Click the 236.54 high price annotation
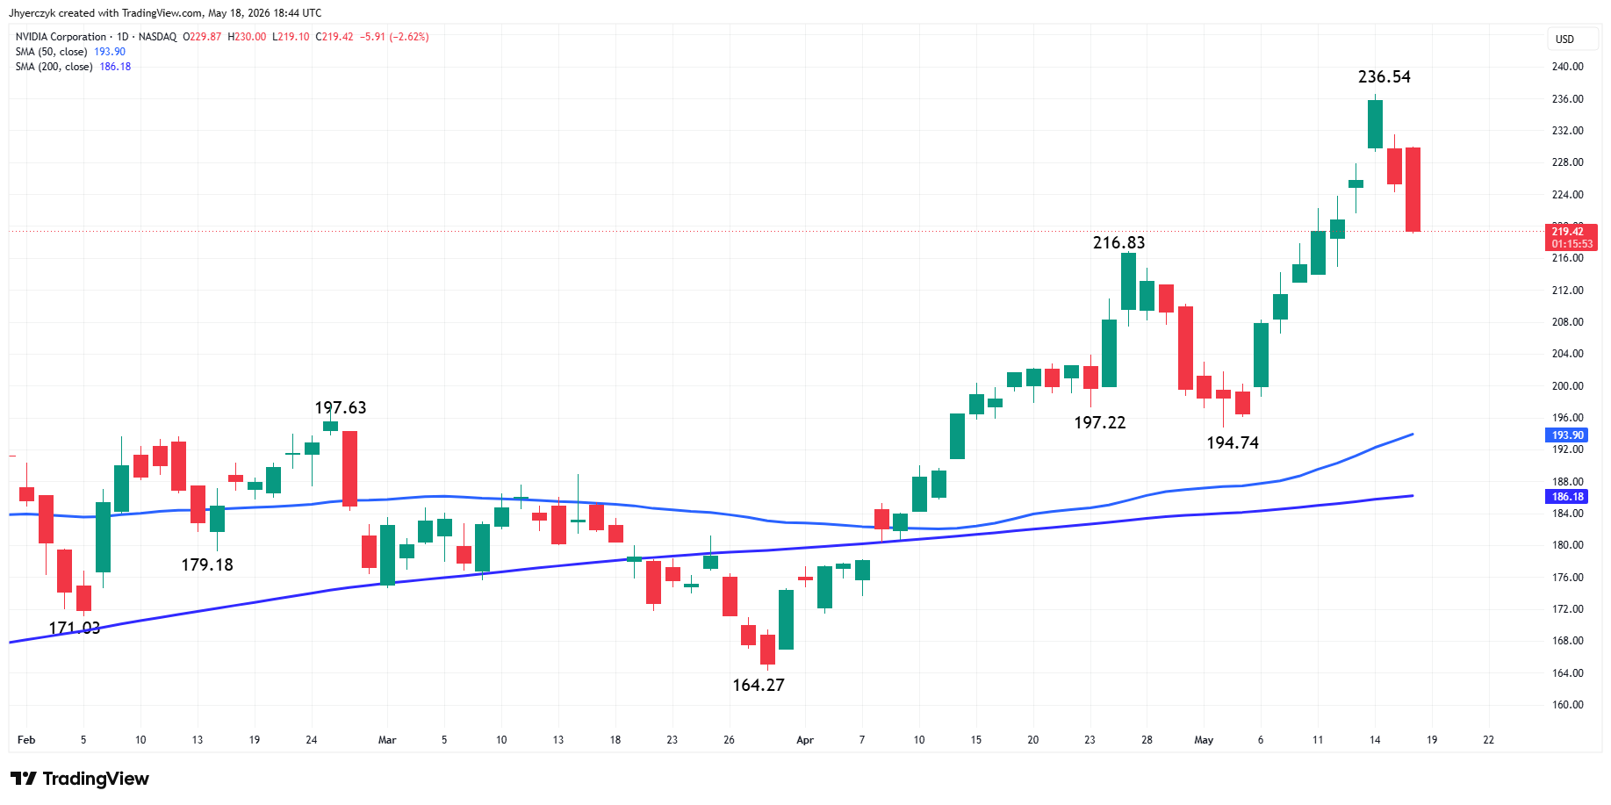click(1384, 77)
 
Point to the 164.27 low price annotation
click(759, 686)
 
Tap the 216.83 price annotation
click(1118, 243)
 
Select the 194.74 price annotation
click(1233, 443)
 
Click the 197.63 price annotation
click(341, 408)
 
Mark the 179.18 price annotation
click(207, 565)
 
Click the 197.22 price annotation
click(1099, 423)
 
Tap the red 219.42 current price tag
click(1571, 238)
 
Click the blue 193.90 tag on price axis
click(1567, 435)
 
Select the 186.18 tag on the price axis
click(1567, 497)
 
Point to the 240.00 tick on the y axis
click(1567, 67)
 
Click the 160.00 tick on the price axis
click(1567, 705)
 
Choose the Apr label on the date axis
click(805, 740)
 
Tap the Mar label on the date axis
click(387, 740)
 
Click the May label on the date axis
click(1204, 740)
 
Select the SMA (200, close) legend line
click(73, 67)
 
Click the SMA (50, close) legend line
click(70, 52)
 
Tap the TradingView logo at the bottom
click(80, 779)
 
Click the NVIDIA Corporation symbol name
click(61, 37)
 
